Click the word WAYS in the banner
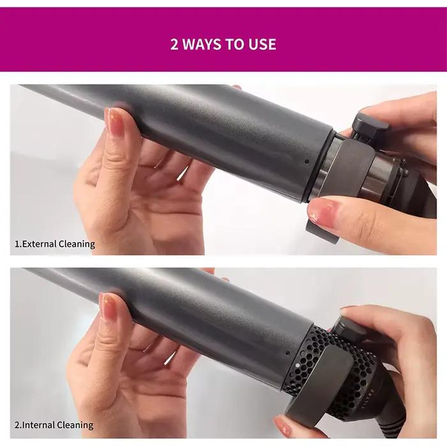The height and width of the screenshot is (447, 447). tap(201, 44)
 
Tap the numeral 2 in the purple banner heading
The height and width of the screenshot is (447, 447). tap(174, 45)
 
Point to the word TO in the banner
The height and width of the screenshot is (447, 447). tap(234, 44)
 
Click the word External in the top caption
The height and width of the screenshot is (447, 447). tap(40, 244)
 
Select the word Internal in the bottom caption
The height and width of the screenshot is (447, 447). tap(38, 425)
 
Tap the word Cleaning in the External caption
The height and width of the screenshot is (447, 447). tap(77, 244)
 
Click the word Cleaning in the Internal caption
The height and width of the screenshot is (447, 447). tap(75, 425)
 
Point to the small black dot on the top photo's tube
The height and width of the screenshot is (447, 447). tap(307, 162)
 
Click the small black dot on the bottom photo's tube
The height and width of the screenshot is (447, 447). tap(287, 354)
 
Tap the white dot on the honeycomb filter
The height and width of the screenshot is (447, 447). tap(298, 365)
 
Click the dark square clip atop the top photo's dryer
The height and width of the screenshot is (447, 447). tap(370, 125)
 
